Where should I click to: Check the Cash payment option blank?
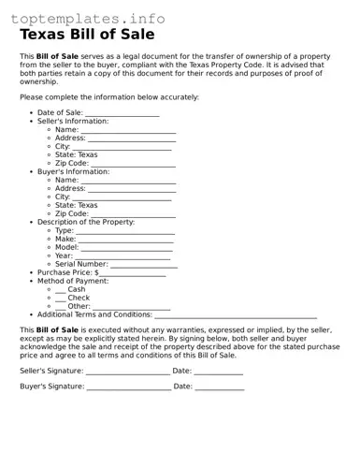(x=61, y=290)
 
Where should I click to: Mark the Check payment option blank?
(x=61, y=299)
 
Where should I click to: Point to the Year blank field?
(x=122, y=255)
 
